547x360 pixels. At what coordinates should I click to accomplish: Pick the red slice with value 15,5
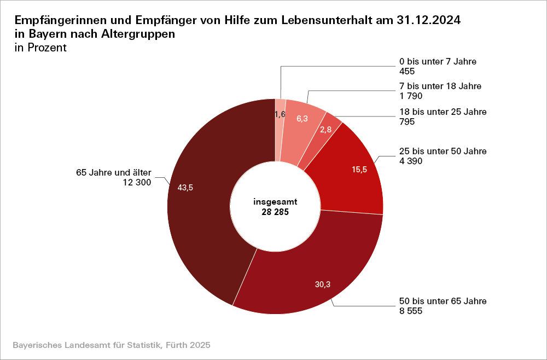coord(350,175)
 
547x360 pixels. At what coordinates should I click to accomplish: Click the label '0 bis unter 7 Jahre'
coord(438,61)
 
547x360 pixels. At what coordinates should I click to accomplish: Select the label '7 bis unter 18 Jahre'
coord(440,86)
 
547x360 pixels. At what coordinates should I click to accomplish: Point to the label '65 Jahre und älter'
coord(113,173)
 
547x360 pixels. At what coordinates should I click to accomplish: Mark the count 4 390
coord(411,161)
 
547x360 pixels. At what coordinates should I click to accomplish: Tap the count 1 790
coord(411,96)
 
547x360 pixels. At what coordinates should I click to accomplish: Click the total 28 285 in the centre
coord(275,212)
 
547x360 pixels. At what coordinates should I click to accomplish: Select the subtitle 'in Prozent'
coord(40,48)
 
